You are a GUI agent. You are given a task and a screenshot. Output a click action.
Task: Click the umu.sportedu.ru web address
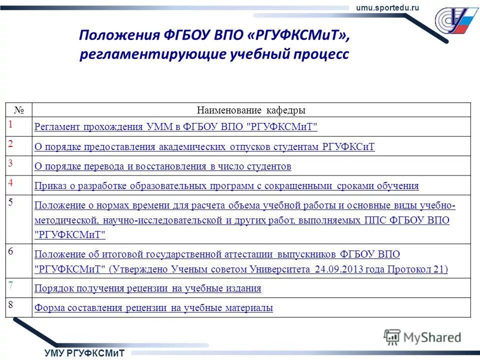(387, 6)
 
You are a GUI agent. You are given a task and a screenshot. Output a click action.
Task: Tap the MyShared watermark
(423, 337)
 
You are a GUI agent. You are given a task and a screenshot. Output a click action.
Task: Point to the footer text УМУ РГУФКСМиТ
(84, 353)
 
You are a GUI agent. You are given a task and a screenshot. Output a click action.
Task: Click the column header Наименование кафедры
(251, 110)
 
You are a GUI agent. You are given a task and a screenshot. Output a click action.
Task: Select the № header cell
(19, 110)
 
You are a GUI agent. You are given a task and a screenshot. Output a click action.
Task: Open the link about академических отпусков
(204, 147)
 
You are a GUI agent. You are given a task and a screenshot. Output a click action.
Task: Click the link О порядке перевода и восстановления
(162, 166)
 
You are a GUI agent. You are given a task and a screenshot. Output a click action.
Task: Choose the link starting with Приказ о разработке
(226, 186)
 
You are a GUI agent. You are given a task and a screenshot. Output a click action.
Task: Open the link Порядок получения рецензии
(147, 288)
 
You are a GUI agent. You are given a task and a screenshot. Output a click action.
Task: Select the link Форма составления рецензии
(153, 308)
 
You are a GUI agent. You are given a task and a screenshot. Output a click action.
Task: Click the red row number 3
(11, 162)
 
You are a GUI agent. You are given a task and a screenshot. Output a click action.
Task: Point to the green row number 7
(11, 285)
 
